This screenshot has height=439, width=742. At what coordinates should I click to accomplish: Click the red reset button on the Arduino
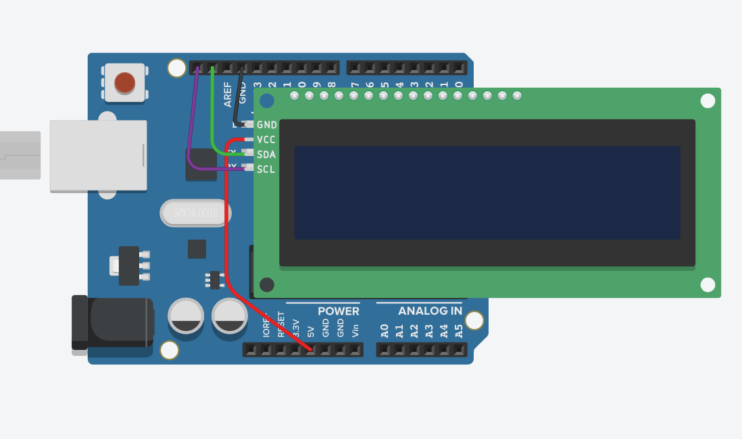[x=124, y=82]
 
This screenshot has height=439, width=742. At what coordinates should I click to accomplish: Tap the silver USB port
[x=98, y=155]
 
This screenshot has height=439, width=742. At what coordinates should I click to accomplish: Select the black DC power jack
[x=112, y=322]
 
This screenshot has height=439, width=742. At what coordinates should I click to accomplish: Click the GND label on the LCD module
[x=267, y=125]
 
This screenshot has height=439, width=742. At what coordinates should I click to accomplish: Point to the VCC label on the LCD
[x=266, y=140]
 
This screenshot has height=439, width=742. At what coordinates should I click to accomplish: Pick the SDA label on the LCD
[x=266, y=155]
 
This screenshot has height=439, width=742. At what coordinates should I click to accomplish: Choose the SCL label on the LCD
[x=266, y=170]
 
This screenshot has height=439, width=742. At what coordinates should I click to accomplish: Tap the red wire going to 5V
[x=226, y=223]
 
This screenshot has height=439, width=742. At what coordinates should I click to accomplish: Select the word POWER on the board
[x=339, y=311]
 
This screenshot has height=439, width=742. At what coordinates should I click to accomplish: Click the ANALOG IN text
[x=430, y=311]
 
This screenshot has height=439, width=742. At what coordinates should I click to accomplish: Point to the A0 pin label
[x=385, y=331]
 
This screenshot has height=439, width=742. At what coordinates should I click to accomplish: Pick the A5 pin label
[x=459, y=331]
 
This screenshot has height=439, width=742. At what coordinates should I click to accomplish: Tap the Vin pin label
[x=355, y=331]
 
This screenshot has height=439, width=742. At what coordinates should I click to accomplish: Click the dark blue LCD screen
[x=487, y=192]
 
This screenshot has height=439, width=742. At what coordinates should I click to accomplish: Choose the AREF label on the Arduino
[x=228, y=94]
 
